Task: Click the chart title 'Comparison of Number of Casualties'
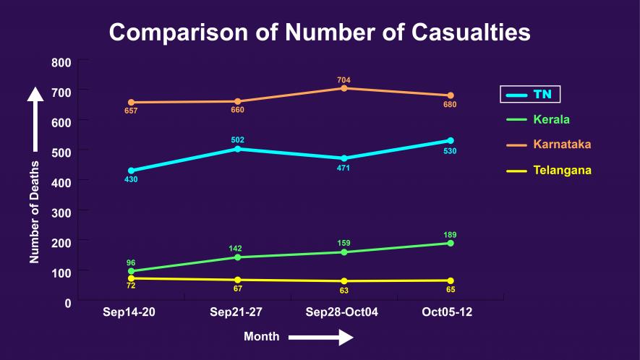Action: pos(320,33)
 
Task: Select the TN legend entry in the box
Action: pos(530,94)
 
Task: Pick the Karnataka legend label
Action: pos(562,145)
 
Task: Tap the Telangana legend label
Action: pos(563,171)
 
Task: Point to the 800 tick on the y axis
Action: pos(61,62)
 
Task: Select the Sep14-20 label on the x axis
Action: pos(129,312)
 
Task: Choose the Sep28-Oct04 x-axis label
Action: pos(342,312)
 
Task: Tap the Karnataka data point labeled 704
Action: pos(344,88)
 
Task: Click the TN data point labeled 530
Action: pos(450,140)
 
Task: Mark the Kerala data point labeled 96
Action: pos(131,271)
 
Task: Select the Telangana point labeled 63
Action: pos(344,281)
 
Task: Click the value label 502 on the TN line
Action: pos(237,140)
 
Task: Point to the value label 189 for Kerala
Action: pos(450,235)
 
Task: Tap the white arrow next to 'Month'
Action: pos(320,338)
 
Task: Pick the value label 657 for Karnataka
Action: pos(131,111)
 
